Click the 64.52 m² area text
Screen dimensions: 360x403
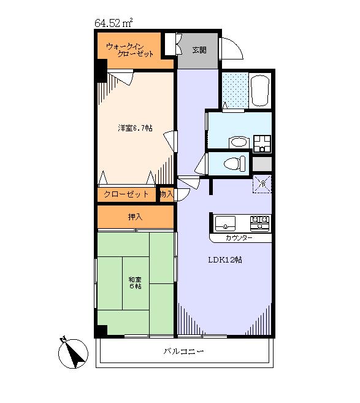click(x=113, y=23)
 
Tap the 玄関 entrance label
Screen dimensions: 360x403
click(x=199, y=50)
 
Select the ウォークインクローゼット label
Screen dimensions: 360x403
click(x=129, y=50)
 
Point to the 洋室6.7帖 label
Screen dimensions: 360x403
click(x=135, y=128)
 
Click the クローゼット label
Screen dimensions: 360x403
click(x=126, y=194)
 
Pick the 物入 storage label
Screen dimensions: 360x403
click(x=167, y=194)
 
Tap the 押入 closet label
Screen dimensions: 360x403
click(x=135, y=217)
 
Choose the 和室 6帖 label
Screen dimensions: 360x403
click(x=135, y=283)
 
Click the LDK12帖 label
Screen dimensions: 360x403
click(x=225, y=260)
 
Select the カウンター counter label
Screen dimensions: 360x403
click(x=239, y=238)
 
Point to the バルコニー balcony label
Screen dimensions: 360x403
click(x=183, y=351)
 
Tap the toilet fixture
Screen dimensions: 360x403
click(x=235, y=163)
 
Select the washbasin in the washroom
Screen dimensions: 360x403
click(x=239, y=142)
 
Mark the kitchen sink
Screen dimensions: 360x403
click(x=225, y=223)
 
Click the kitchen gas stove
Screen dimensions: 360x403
click(x=259, y=223)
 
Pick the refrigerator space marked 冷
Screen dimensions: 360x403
click(x=262, y=184)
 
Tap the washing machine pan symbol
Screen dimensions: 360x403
click(x=262, y=144)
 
